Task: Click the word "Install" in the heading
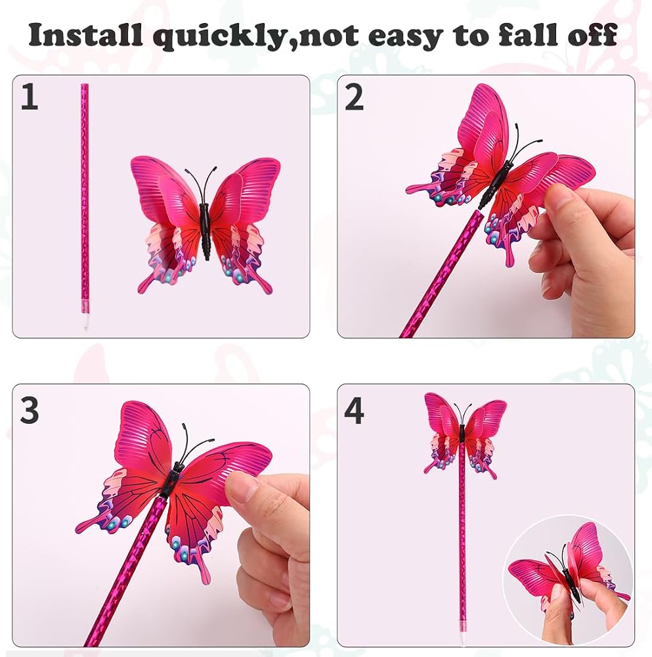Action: tap(87, 35)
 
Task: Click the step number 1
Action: tap(30, 97)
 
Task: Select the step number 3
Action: tap(29, 410)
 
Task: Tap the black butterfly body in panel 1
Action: tap(206, 233)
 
